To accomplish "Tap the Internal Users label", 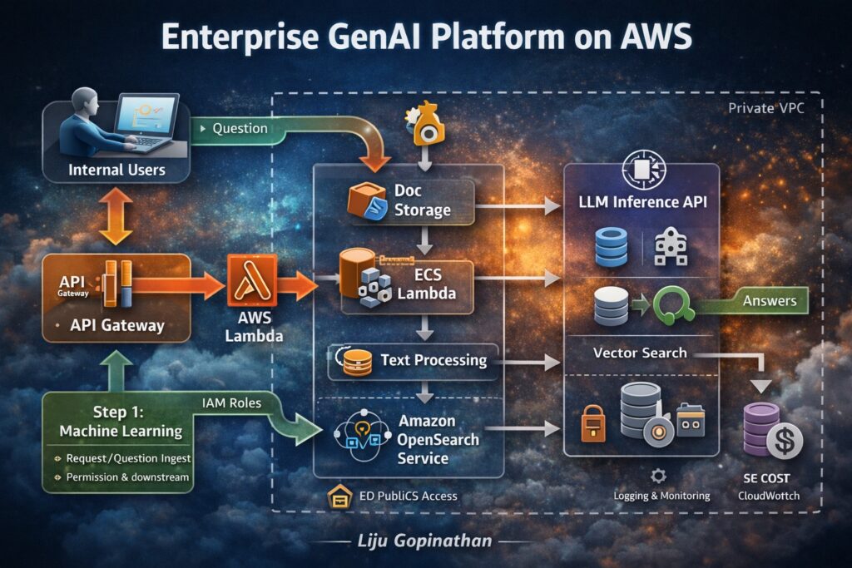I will (x=116, y=170).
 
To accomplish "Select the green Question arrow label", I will (x=240, y=129).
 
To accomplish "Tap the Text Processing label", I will (x=433, y=360).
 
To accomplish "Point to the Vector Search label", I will (x=640, y=353).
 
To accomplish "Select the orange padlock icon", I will (x=592, y=426).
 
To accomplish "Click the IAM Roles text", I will (x=230, y=403).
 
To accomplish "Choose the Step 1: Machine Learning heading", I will (x=120, y=422).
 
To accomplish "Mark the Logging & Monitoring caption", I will (x=661, y=496).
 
